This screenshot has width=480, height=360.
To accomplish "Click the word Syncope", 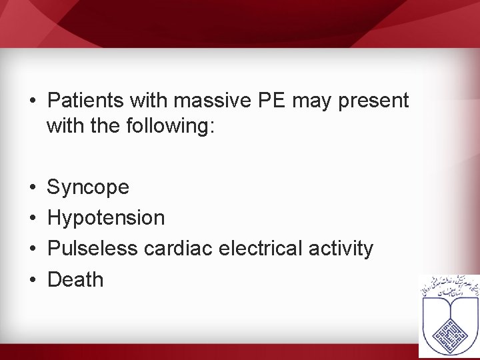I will (89, 188).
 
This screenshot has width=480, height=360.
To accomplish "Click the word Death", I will (75, 280).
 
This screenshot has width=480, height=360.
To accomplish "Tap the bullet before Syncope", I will (32, 188).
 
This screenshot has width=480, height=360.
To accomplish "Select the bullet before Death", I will (32, 280).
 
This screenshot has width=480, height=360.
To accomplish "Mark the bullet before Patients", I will (32, 101).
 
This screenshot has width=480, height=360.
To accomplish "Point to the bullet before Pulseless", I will (32, 249).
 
